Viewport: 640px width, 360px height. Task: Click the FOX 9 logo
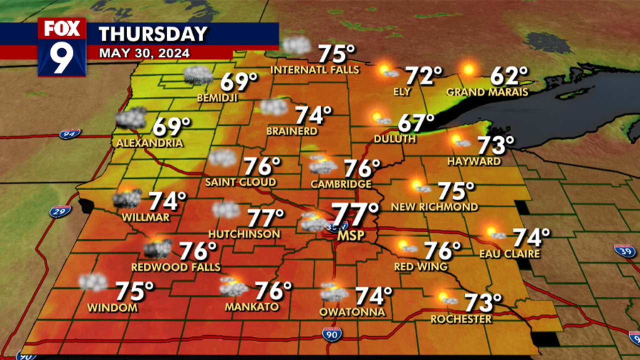coord(62,47)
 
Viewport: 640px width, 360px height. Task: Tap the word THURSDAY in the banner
coord(153,34)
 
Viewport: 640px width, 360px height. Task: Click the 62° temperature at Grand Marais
coord(509,76)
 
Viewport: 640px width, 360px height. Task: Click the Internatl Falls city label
coord(315,70)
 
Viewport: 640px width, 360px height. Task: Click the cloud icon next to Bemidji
coord(198,75)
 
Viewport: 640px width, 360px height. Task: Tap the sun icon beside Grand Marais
coord(468,69)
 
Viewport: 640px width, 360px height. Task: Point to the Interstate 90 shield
coord(331,334)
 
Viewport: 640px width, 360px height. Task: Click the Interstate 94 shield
coord(69,134)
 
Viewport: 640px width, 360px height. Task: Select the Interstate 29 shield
coord(59,211)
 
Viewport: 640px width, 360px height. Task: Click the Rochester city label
coord(461,319)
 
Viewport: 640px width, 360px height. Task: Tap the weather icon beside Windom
coord(93,282)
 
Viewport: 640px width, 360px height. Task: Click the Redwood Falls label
coord(176,267)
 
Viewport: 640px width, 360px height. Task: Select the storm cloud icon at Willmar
coord(126,198)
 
